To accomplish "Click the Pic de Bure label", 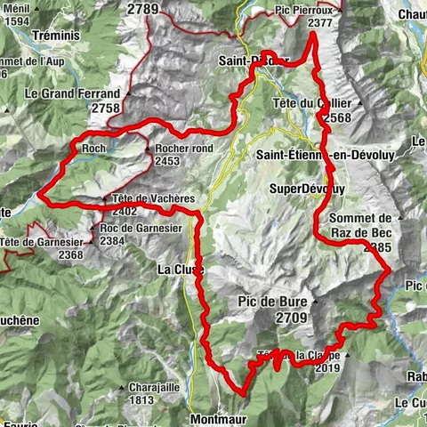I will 271,302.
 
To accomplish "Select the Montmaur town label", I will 216,416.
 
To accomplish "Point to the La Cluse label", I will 181,269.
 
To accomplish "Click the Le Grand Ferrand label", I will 72,93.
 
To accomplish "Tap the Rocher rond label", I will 184,149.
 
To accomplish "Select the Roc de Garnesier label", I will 147,227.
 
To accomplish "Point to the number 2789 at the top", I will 142,9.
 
